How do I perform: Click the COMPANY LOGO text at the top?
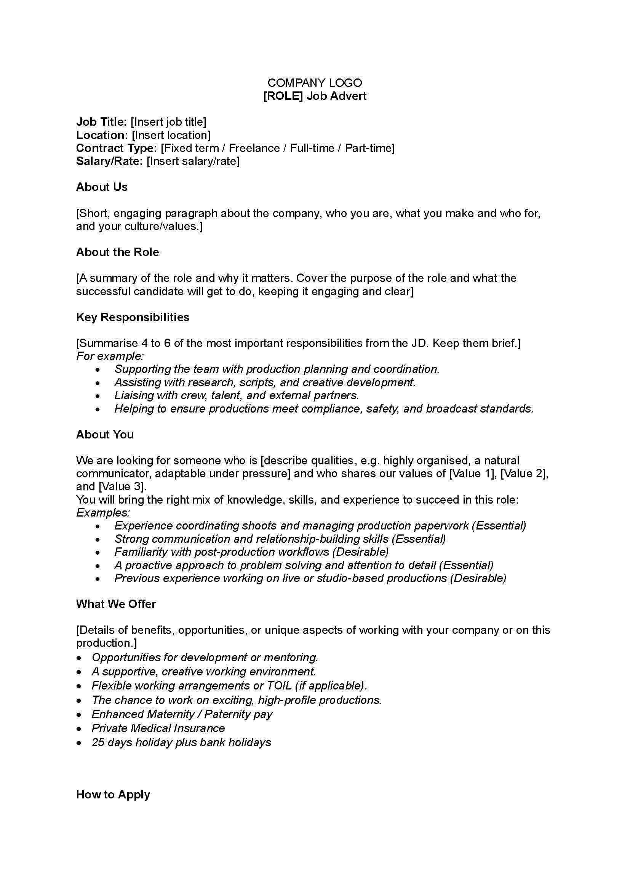pos(315,83)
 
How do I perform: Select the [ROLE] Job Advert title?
pos(315,96)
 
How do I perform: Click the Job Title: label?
pos(101,122)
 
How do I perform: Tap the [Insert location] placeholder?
pos(171,135)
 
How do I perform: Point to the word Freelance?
pos(254,148)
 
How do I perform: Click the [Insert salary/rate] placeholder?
pos(193,161)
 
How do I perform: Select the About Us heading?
pos(102,187)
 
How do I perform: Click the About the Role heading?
pos(118,252)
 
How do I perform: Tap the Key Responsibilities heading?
pos(133,317)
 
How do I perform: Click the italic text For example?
pos(110,356)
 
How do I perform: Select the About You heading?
pos(105,435)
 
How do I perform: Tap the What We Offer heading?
pos(116,604)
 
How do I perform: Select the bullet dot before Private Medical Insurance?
pos(80,729)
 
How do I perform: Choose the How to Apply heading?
pos(113,794)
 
